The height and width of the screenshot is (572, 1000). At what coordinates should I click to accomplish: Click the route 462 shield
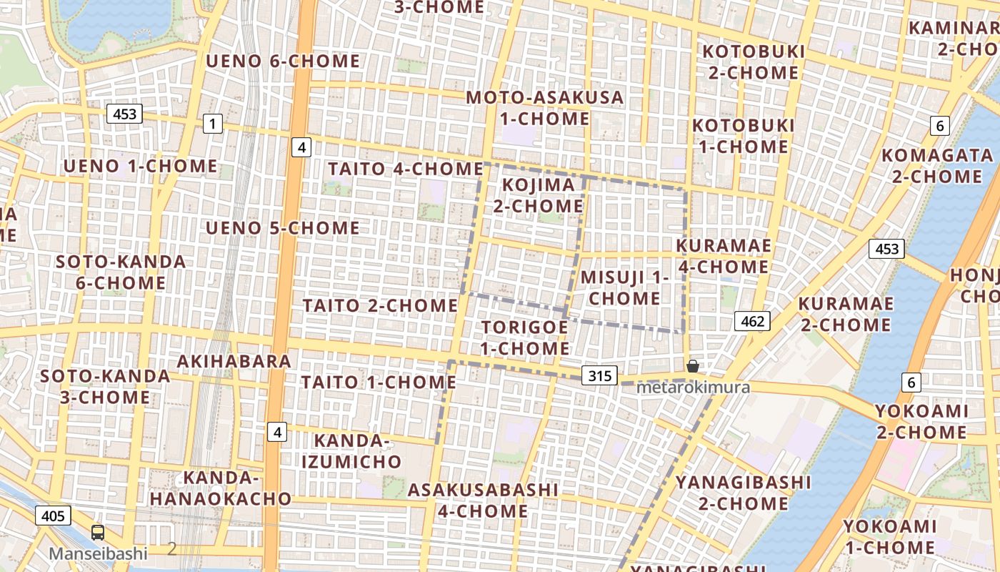tap(753, 322)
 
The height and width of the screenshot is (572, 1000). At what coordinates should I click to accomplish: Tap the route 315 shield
tap(599, 375)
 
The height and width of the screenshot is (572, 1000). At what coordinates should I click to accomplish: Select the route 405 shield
tap(53, 516)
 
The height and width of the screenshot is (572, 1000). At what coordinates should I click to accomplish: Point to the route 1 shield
tap(212, 124)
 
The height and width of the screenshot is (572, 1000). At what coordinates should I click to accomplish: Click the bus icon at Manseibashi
tap(98, 533)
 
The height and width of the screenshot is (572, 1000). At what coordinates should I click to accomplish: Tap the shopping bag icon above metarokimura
tap(692, 367)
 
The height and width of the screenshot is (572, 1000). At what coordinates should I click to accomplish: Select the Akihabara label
tap(234, 361)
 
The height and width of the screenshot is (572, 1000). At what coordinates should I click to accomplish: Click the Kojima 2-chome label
tap(543, 195)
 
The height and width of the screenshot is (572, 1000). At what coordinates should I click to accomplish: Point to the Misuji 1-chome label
tap(624, 287)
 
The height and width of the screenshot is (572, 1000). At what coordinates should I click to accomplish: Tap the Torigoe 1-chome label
tap(525, 337)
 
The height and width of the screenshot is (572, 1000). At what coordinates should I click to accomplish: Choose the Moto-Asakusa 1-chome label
tap(544, 107)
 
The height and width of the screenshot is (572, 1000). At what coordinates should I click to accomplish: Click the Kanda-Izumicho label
tap(351, 451)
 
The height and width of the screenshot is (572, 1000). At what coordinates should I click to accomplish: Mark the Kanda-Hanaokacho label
tap(221, 488)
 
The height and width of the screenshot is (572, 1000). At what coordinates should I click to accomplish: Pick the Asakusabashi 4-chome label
tap(483, 500)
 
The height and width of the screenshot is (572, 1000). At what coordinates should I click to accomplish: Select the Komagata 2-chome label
tap(937, 166)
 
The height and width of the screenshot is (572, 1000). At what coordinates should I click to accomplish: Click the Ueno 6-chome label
tap(283, 61)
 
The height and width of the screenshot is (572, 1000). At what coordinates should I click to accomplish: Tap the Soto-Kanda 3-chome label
tap(105, 387)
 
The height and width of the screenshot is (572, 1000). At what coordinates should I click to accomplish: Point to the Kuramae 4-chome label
tap(723, 256)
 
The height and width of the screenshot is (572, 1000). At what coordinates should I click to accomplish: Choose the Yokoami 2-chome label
tap(922, 422)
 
